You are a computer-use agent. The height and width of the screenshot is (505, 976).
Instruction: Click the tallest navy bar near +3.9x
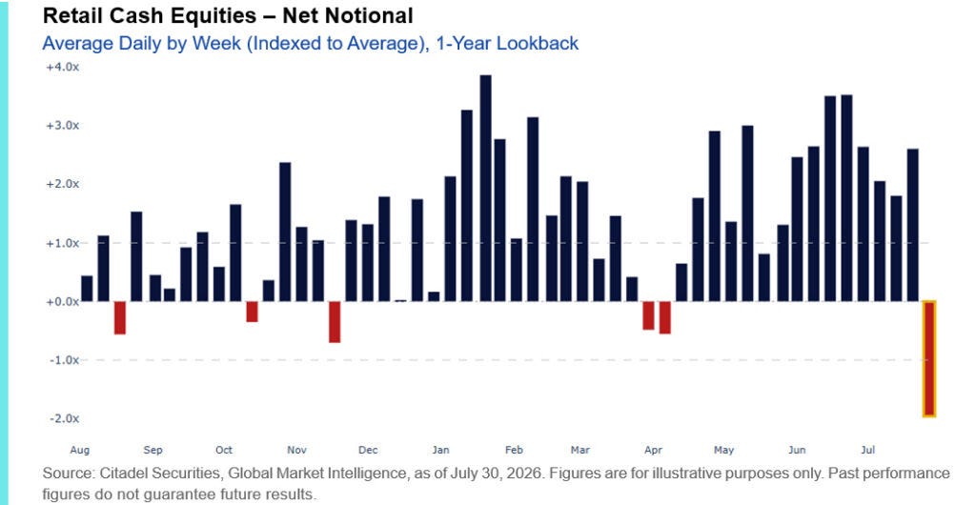[x=485, y=189]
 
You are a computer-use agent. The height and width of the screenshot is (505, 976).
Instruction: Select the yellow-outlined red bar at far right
[x=928, y=358]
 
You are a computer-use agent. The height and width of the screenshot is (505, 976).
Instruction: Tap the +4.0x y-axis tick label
[x=62, y=67]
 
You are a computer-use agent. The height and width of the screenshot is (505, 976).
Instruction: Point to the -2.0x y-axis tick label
[x=64, y=418]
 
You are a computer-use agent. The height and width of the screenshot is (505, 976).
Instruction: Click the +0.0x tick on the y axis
[x=62, y=302]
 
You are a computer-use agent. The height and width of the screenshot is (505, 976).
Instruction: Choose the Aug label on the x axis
[x=80, y=450]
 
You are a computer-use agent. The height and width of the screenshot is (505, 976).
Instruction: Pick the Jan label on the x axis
[x=440, y=450]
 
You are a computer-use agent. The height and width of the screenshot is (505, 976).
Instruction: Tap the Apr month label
[x=653, y=450]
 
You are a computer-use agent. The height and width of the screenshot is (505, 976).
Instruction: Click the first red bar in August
[x=119, y=318]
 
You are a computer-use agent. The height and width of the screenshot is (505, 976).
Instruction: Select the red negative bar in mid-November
[x=335, y=322]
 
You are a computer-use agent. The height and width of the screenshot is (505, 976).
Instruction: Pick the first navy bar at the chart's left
[x=87, y=289]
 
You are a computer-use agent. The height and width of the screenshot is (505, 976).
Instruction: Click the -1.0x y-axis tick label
[x=64, y=360]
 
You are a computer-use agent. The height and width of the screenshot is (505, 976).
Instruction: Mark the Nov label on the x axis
[x=297, y=450]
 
